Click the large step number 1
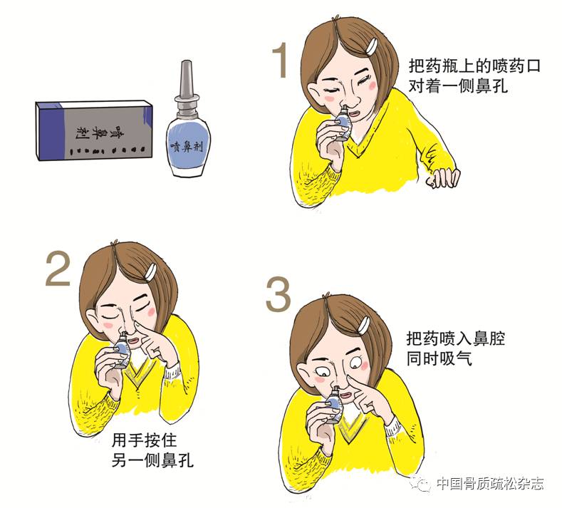coord(281,60)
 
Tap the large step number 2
coord(58,268)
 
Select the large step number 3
coord(278,294)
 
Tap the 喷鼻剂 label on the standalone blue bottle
coord(187,146)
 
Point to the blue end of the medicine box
coord(49,131)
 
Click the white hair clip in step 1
coord(372,46)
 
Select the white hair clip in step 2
coord(150,271)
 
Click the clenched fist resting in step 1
coord(442,177)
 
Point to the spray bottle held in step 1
coord(342,121)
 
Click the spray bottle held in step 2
coord(121,350)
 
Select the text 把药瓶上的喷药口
coord(474,66)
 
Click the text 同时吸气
coord(439,358)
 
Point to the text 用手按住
coord(144,440)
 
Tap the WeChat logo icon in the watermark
coord(421,484)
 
